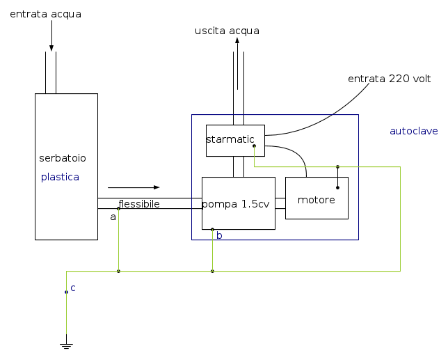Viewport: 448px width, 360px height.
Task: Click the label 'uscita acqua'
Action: coord(227,31)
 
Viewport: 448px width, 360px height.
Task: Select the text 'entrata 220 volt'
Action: coord(390,79)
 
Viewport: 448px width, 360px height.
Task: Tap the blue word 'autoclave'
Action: coord(413,131)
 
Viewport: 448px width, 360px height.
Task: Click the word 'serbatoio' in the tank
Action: coord(63,158)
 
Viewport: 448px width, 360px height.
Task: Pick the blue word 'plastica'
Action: coord(60,177)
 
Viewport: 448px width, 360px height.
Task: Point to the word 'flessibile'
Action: coord(139,204)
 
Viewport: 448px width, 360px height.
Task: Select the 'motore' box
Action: coord(317,200)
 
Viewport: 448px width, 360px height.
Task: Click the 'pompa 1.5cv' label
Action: coord(236,205)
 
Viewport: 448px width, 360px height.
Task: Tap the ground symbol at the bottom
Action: coord(67,345)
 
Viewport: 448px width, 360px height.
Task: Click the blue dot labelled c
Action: coord(67,292)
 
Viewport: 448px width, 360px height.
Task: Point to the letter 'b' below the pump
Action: coord(219,236)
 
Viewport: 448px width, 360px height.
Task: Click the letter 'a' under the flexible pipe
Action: coord(113,217)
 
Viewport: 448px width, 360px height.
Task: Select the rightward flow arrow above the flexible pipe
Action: coord(134,187)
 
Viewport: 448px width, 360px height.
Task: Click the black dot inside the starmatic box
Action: coord(254,146)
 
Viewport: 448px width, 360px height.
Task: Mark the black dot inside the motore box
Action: coord(337,187)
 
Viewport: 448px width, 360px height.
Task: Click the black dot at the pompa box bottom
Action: coord(212,229)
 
